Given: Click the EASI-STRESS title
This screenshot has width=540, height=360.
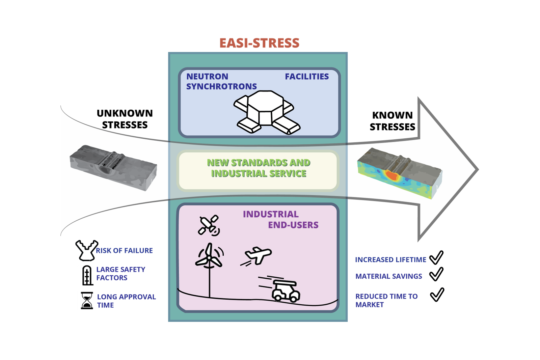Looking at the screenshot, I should pyautogui.click(x=259, y=43).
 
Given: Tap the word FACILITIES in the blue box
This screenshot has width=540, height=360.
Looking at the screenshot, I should pyautogui.click(x=306, y=77).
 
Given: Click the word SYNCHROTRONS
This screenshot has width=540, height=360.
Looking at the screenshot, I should pyautogui.click(x=221, y=87).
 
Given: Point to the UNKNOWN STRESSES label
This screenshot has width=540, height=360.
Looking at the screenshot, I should pyautogui.click(x=125, y=119).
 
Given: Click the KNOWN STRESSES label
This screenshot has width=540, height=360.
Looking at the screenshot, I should pyautogui.click(x=392, y=121).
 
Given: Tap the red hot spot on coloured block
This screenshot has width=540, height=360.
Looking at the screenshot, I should pyautogui.click(x=392, y=175).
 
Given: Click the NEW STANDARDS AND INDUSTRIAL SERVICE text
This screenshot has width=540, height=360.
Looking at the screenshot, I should pyautogui.click(x=259, y=168).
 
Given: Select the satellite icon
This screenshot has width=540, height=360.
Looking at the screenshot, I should pyautogui.click(x=209, y=225).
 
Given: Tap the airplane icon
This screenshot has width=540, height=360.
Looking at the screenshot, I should pyautogui.click(x=257, y=255).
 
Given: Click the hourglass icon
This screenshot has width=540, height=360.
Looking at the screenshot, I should pyautogui.click(x=87, y=301).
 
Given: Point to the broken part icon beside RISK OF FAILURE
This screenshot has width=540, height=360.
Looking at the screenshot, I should pyautogui.click(x=86, y=250).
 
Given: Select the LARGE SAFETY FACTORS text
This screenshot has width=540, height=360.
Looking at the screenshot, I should pyautogui.click(x=120, y=274).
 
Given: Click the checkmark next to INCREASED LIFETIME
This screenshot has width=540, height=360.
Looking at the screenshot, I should pyautogui.click(x=436, y=258).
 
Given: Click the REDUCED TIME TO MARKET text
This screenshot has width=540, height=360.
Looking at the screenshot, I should pyautogui.click(x=386, y=300).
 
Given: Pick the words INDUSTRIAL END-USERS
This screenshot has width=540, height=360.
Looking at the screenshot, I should pyautogui.click(x=280, y=220).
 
